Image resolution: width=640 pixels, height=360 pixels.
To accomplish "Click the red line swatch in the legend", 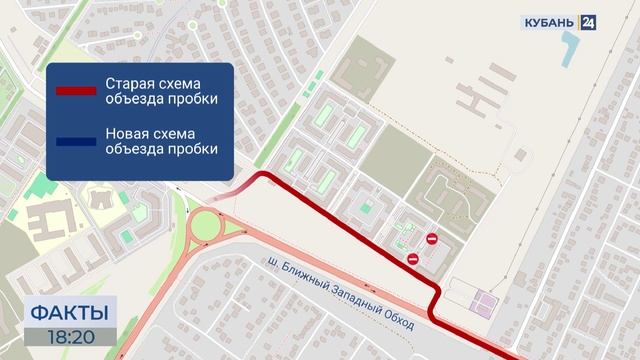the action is (x=75, y=90).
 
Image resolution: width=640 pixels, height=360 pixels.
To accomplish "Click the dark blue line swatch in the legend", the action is (x=75, y=141).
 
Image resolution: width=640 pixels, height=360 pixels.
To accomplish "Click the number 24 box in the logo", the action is (x=588, y=21).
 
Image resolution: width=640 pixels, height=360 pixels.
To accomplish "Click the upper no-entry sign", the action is (x=431, y=239).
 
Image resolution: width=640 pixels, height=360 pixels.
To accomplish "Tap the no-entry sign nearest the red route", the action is (x=413, y=259).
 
